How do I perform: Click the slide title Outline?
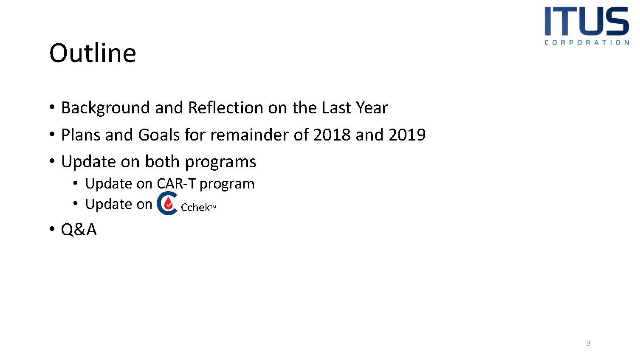(x=93, y=53)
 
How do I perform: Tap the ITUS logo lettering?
(x=587, y=21)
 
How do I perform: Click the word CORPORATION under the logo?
(x=587, y=42)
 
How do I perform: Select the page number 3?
(x=589, y=343)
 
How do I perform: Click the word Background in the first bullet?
(x=105, y=108)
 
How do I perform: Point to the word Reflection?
(x=226, y=107)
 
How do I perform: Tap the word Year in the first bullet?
(x=372, y=108)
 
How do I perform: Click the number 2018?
(x=332, y=135)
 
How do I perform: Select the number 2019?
(x=407, y=135)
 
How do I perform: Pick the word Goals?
(x=159, y=135)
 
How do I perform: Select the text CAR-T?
(x=176, y=183)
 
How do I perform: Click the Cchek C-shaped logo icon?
(x=167, y=203)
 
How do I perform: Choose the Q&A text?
(x=79, y=229)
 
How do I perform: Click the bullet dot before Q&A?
(x=52, y=229)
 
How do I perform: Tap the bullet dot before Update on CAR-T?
(x=75, y=183)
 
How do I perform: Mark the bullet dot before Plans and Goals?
(x=52, y=134)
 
